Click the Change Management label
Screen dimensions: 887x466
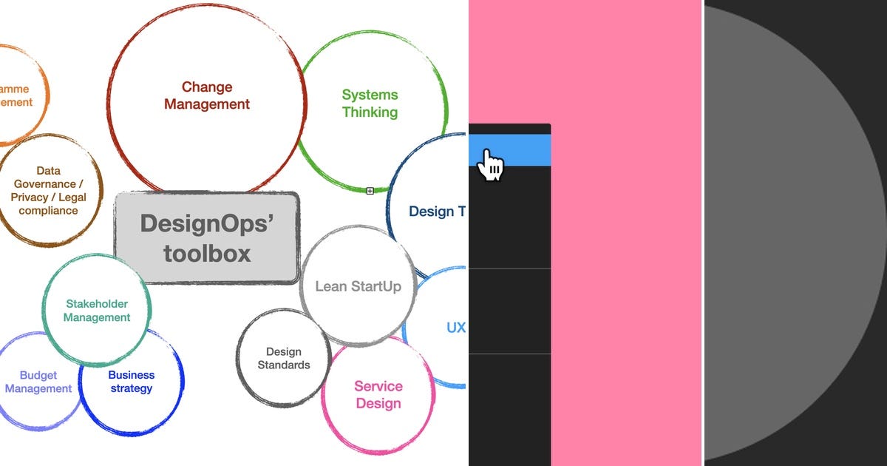(207, 96)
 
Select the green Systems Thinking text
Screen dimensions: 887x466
(370, 104)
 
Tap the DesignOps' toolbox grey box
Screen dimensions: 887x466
(207, 237)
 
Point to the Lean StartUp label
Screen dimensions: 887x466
(358, 286)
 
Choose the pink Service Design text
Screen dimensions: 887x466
(378, 395)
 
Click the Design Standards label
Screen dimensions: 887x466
(284, 358)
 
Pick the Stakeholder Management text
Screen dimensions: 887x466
(97, 311)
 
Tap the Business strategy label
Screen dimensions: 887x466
(131, 382)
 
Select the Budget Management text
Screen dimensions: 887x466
(38, 382)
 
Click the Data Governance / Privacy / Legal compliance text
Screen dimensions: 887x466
(49, 190)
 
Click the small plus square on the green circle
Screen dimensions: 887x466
(370, 191)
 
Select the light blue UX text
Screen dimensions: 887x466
(456, 327)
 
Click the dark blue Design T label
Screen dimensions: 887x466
(437, 212)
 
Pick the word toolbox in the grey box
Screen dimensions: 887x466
(207, 254)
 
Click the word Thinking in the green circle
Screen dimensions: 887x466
(370, 112)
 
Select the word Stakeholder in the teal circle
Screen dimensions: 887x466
(97, 303)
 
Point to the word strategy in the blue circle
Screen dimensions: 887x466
(131, 388)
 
